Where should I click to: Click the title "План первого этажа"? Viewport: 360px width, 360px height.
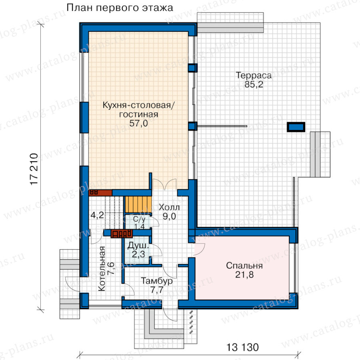point(120,8)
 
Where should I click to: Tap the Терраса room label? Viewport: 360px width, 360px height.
point(254,75)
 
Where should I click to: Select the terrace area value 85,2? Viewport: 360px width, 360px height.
point(254,84)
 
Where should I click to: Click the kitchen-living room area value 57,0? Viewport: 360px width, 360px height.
point(138,123)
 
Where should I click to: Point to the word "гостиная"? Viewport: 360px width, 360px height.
point(138,114)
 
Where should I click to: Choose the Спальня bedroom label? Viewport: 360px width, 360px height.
point(244,266)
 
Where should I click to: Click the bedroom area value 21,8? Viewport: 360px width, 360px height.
point(244,274)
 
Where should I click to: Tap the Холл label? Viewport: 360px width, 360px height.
point(169,207)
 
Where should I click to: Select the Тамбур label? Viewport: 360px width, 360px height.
point(157,281)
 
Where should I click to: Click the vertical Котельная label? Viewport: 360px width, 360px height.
point(102,269)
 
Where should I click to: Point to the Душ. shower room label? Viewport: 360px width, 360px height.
point(138,246)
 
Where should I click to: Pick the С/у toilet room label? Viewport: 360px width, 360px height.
point(139,219)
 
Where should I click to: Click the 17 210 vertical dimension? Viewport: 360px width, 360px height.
point(34,169)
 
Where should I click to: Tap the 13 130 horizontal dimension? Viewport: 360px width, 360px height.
point(242,347)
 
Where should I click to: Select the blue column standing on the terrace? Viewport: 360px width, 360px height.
point(296,127)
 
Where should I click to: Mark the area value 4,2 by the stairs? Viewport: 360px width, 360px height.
point(97,215)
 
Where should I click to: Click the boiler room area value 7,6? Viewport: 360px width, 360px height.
point(111,269)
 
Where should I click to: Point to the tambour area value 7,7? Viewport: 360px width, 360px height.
point(157,290)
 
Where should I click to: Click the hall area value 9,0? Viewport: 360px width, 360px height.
point(169,216)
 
